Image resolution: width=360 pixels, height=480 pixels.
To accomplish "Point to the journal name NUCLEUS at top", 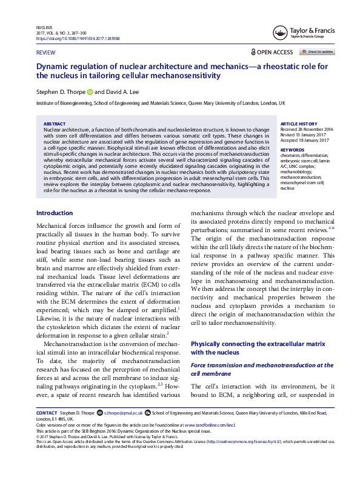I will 45,28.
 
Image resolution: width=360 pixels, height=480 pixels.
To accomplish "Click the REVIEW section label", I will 46,53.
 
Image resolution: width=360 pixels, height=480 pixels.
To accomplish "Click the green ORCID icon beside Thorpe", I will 90,92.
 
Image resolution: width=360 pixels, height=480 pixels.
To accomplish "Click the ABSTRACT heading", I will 55,123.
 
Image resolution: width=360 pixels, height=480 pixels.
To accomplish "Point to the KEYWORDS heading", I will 293,149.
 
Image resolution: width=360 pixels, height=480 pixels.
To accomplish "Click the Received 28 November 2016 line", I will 306,128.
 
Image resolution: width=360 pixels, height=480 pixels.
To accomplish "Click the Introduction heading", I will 55,213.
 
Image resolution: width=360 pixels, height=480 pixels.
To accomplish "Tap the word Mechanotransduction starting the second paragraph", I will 70,343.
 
